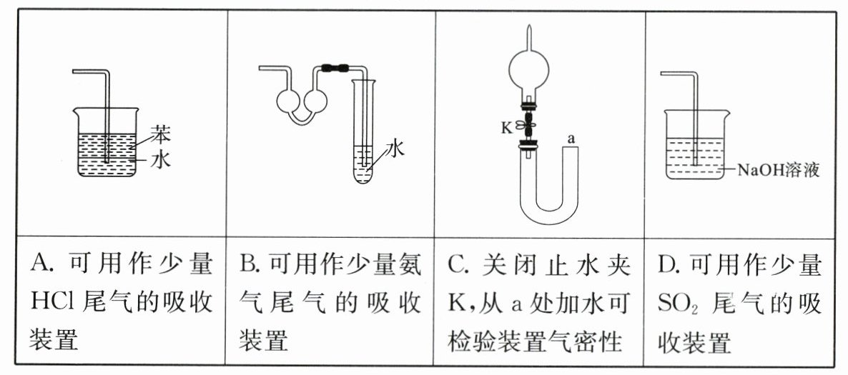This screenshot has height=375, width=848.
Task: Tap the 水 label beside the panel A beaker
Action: pos(160,159)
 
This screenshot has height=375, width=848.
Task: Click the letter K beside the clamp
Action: pos(507,128)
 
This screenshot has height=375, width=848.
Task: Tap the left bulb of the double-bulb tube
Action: pos(287,100)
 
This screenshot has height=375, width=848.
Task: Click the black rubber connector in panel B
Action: pos(335,68)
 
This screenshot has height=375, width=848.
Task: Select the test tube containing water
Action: pos(363,131)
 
